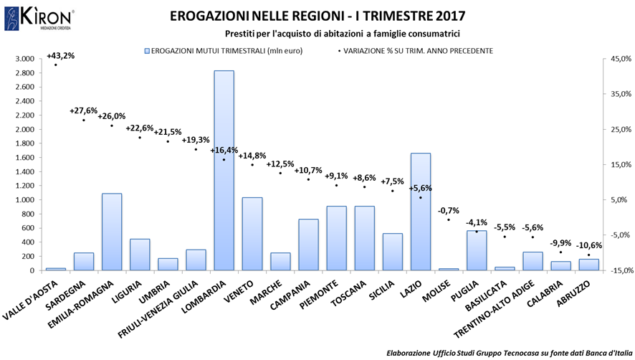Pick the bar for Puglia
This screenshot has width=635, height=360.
pyautogui.click(x=477, y=250)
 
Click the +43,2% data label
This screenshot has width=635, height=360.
pyautogui.click(x=60, y=56)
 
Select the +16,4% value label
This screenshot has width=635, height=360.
pyautogui.click(x=224, y=151)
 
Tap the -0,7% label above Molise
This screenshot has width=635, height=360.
pyautogui.click(x=448, y=210)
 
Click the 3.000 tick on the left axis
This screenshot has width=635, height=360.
pyautogui.click(x=24, y=59)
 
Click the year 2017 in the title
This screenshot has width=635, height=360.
pyautogui.click(x=448, y=15)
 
